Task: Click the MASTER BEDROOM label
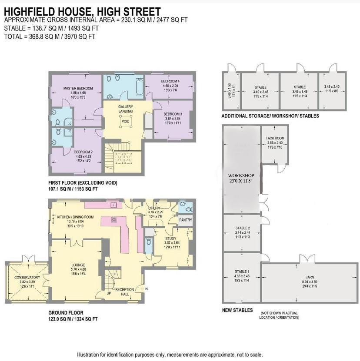click(76, 89)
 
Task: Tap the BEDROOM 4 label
click(170, 82)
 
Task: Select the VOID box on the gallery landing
click(126, 121)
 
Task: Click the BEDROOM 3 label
click(172, 114)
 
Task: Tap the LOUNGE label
click(78, 265)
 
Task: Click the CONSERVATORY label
click(27, 278)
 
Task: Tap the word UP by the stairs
click(109, 293)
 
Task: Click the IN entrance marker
click(146, 288)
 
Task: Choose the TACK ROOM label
click(275, 138)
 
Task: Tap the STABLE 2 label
click(243, 228)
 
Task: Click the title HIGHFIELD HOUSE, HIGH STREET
click(82, 11)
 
